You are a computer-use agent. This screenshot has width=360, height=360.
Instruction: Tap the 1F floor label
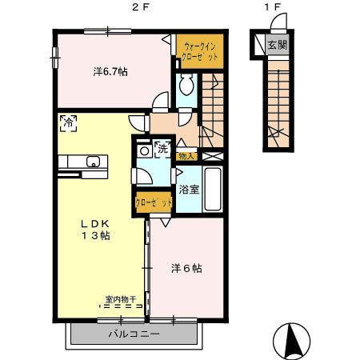(x=274, y=8)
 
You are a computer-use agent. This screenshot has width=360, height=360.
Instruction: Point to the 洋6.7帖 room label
(x=110, y=72)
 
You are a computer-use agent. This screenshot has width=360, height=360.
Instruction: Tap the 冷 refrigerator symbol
(x=69, y=122)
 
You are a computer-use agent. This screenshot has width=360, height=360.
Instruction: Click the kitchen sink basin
(x=92, y=161)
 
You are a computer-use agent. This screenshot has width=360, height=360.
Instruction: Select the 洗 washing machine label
(x=162, y=148)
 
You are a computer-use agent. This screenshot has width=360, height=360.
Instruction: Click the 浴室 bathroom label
(x=189, y=190)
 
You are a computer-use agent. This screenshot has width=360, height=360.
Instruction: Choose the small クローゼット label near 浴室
(x=154, y=203)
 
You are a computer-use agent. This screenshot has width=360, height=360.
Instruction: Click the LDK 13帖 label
(x=94, y=229)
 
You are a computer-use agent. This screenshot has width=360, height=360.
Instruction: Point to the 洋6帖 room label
(x=186, y=268)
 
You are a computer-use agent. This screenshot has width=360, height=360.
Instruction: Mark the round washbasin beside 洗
(x=145, y=150)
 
